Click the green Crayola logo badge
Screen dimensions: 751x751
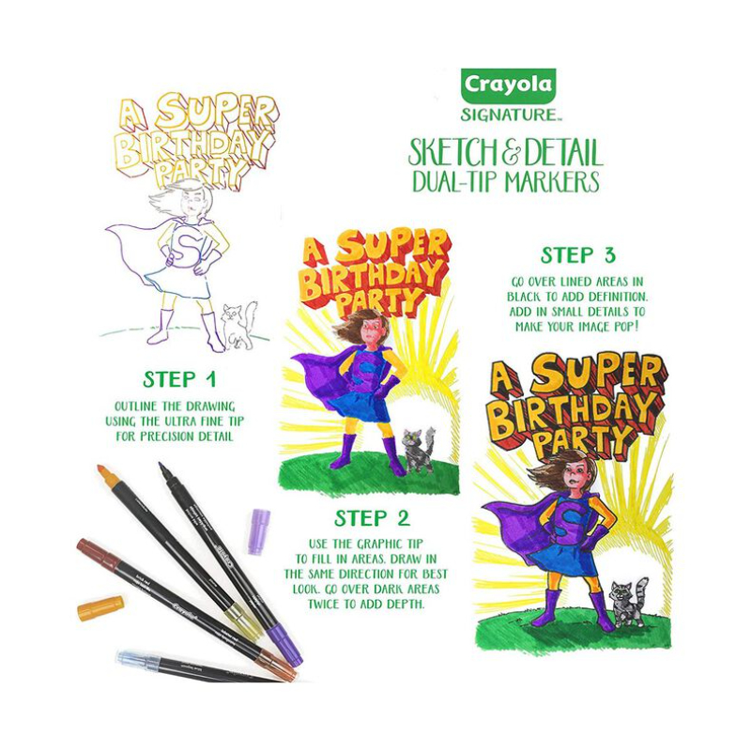coord(508,85)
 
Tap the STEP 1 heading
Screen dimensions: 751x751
coord(179,379)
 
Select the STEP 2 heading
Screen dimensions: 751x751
coord(372,518)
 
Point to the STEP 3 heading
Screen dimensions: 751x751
coord(577,255)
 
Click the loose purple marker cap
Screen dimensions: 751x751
coord(259,531)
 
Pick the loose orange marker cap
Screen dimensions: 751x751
coord(100,608)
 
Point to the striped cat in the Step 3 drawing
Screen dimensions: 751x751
coord(628,602)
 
